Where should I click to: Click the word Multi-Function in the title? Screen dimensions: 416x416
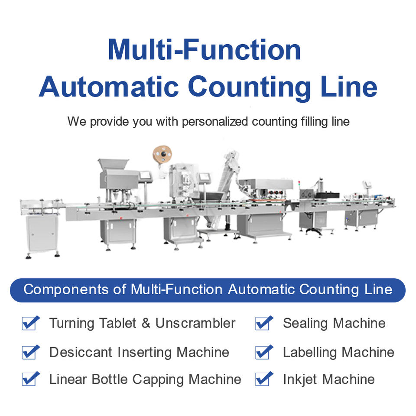[204, 50]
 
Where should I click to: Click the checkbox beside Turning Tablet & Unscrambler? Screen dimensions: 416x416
[30, 323]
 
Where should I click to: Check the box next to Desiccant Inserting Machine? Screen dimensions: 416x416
[30, 352]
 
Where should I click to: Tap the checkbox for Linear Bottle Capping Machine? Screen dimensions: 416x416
[30, 379]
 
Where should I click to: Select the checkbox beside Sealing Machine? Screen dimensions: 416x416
[264, 323]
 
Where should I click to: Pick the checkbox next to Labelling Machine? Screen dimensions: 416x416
[264, 352]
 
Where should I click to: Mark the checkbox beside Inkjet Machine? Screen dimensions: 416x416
[264, 379]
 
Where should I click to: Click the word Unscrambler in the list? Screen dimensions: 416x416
[195, 323]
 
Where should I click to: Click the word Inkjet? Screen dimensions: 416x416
[301, 380]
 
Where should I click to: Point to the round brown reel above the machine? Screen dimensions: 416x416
[162, 154]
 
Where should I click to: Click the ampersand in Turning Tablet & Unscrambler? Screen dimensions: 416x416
[146, 323]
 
